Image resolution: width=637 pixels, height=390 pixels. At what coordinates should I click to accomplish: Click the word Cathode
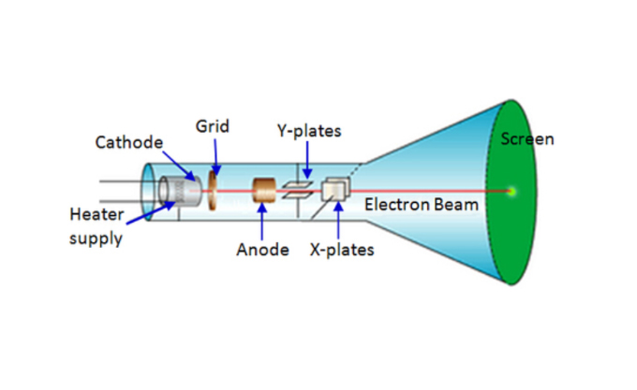(128, 142)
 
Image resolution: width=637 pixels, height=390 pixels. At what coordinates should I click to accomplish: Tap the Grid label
(213, 125)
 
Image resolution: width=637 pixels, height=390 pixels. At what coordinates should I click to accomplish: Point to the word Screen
(527, 139)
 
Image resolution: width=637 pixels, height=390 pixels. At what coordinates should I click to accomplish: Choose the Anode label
(262, 250)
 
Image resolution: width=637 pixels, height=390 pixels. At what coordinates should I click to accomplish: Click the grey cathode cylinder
(173, 190)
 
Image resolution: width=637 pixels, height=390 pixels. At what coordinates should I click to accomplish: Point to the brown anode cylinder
(264, 191)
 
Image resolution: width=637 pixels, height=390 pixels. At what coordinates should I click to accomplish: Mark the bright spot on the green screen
(512, 192)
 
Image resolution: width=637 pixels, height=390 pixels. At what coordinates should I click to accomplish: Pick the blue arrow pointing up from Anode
(263, 221)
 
